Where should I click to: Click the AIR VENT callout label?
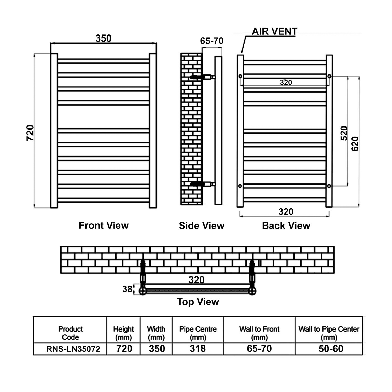[x=274, y=31]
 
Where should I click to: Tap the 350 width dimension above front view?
[x=103, y=38]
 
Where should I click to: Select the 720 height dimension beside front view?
[x=30, y=133]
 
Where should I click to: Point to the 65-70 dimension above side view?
[x=212, y=41]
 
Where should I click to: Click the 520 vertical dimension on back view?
[x=344, y=133]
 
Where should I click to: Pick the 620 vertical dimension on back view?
[x=355, y=144]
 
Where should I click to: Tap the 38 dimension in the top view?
[x=127, y=289]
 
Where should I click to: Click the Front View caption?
[x=104, y=225]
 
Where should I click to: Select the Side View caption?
[x=201, y=226]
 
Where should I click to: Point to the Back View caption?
[x=286, y=226]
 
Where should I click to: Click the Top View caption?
[x=198, y=302]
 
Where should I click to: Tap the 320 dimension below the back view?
[x=286, y=212]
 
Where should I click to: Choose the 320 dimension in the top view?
[x=197, y=280]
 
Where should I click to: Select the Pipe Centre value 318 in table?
[x=198, y=349]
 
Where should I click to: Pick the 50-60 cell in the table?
[x=331, y=349]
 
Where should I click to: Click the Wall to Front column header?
[x=259, y=333]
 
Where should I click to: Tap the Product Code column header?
[x=70, y=333]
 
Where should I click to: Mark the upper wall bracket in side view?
[x=203, y=77]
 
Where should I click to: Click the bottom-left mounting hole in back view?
[x=240, y=186]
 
